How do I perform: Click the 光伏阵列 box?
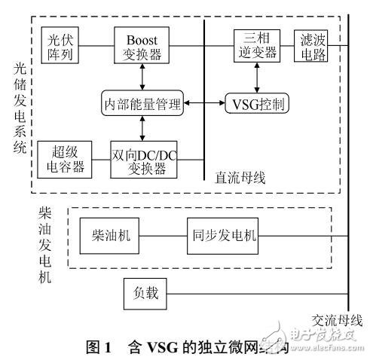pyautogui.click(x=59, y=46)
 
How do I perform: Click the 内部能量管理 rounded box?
pyautogui.click(x=143, y=105)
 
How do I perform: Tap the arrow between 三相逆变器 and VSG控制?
pyautogui.click(x=257, y=77)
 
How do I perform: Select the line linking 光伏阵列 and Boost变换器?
pyautogui.click(x=96, y=45)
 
